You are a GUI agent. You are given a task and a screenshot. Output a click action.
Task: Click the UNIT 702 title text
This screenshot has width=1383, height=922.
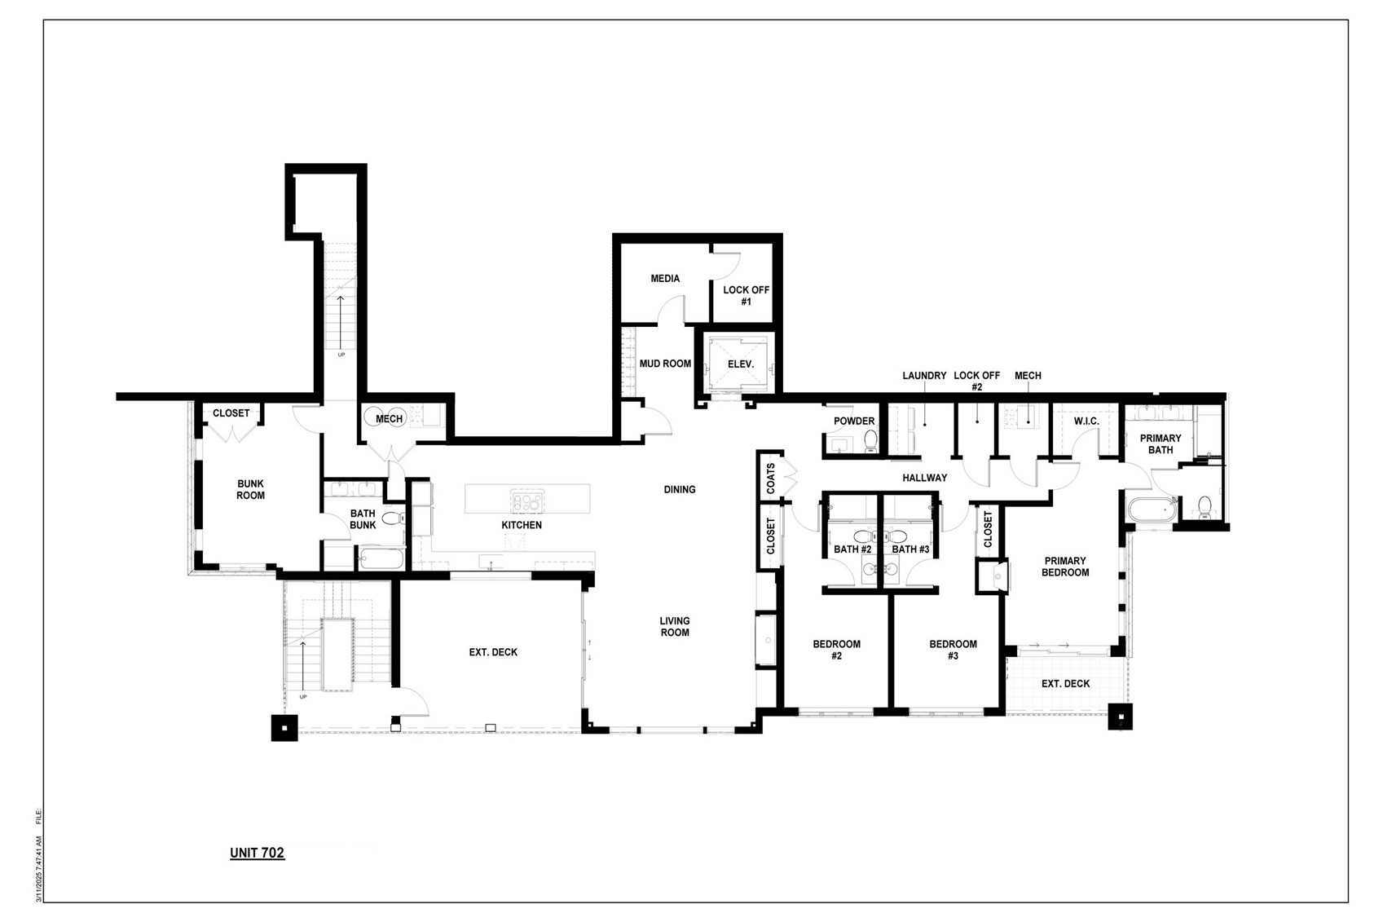point(257,853)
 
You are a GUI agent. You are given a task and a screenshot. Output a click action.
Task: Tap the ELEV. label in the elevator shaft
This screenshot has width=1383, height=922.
point(740,364)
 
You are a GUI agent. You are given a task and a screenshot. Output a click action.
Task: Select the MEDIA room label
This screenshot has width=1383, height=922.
point(665,279)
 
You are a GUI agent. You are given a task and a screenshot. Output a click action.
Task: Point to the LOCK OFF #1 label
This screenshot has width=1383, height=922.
point(746,296)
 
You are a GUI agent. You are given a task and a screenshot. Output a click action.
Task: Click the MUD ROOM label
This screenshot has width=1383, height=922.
point(665,364)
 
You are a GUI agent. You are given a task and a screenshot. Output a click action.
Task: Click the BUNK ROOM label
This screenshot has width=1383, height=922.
point(250,489)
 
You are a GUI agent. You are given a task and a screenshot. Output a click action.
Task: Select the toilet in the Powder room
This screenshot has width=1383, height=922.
point(870,440)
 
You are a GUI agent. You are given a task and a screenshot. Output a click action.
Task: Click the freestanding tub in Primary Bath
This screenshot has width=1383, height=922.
point(1151,510)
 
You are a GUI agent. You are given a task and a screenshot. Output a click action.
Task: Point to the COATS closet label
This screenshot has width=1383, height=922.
point(771,479)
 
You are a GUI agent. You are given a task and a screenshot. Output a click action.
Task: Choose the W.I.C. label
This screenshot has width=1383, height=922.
point(1086,421)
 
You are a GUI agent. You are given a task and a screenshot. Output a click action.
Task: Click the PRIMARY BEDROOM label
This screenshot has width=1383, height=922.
point(1065,567)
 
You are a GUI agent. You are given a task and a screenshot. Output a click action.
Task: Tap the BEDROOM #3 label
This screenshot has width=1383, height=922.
point(953,650)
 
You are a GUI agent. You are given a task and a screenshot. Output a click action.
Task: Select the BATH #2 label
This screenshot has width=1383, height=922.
point(852,549)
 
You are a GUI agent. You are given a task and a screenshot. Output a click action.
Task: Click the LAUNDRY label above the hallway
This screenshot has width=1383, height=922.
point(924,376)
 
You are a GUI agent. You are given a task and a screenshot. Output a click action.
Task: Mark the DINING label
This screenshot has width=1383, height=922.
point(679,489)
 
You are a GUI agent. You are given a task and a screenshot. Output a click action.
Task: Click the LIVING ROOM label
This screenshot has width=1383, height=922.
point(674,627)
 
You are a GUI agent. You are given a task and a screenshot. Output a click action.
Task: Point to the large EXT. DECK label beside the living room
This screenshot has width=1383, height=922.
point(493,652)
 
